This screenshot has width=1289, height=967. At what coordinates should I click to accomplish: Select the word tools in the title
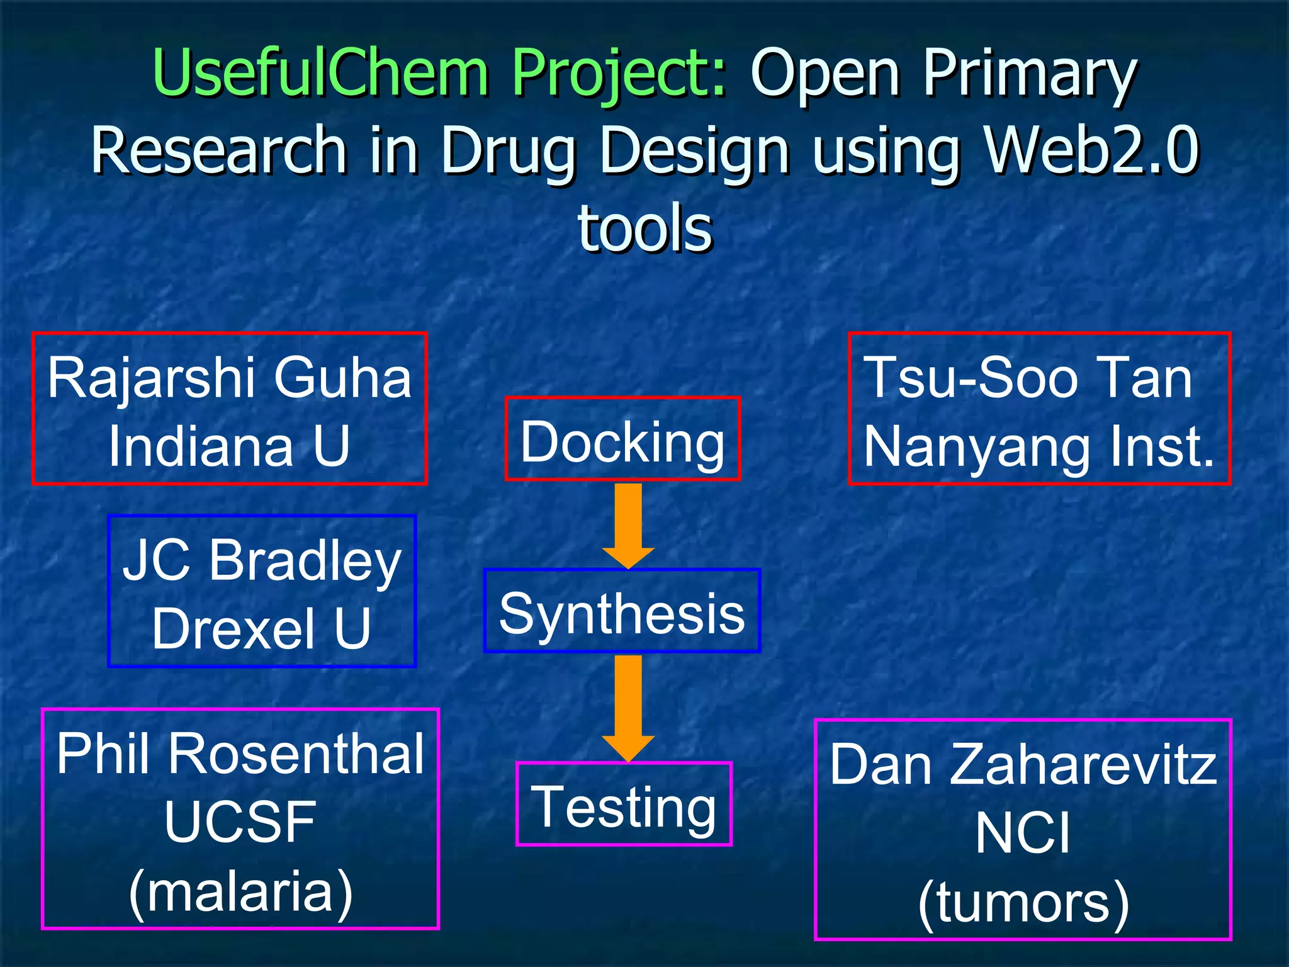pyautogui.click(x=645, y=228)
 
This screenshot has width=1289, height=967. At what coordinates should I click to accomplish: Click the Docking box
pyautogui.click(x=622, y=439)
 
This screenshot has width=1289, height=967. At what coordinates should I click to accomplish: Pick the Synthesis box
pyautogui.click(x=622, y=611)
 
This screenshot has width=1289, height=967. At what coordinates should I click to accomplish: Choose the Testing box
pyautogui.click(x=624, y=804)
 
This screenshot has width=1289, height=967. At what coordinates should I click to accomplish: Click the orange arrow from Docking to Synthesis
pyautogui.click(x=628, y=524)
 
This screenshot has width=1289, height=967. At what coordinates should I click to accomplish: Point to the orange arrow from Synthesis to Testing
pyautogui.click(x=628, y=706)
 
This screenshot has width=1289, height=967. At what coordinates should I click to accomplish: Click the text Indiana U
pyautogui.click(x=229, y=446)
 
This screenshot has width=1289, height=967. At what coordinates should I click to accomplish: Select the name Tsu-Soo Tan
pyautogui.click(x=1028, y=378)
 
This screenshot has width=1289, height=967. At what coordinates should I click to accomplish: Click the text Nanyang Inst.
pyautogui.click(x=1039, y=446)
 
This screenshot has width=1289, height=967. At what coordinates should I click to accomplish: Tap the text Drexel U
pyautogui.click(x=262, y=628)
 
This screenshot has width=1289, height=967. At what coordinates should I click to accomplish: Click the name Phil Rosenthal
pyautogui.click(x=240, y=754)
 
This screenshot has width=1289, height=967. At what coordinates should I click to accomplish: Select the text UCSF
pyautogui.click(x=240, y=822)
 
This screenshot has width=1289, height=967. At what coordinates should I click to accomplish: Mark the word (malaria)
pyautogui.click(x=240, y=891)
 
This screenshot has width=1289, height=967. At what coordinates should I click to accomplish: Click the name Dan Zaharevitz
pyautogui.click(x=1023, y=764)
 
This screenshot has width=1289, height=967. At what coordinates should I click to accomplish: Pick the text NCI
pyautogui.click(x=1023, y=832)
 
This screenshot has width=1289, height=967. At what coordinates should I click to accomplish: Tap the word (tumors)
pyautogui.click(x=1023, y=902)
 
